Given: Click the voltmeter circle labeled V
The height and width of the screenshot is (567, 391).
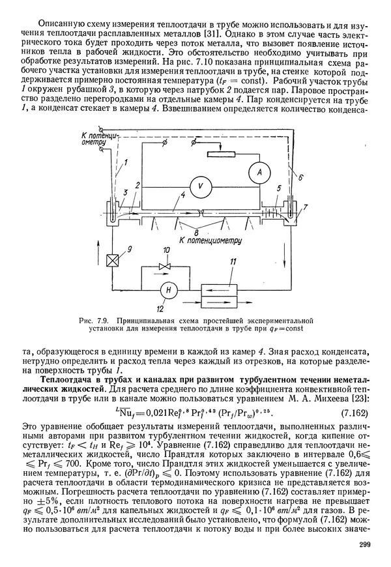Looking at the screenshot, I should [202, 185].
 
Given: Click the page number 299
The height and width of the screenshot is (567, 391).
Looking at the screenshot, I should [364, 545].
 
